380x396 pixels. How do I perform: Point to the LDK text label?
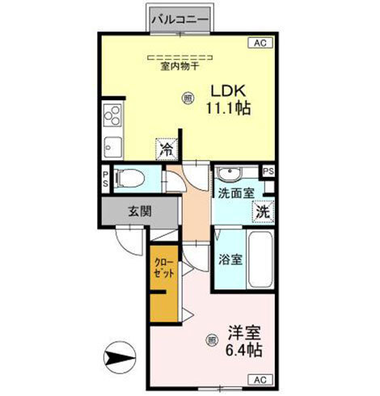tap(227, 91)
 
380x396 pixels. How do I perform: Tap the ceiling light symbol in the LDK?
tap(188, 99)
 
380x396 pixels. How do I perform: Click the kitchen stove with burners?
tap(112, 116)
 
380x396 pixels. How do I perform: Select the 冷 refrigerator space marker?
tap(166, 149)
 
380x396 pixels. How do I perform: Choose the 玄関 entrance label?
tap(138, 213)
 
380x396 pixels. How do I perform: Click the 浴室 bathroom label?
tap(230, 259)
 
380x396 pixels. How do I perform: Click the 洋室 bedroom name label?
tap(245, 332)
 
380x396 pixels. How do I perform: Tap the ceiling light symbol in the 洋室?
tap(212, 339)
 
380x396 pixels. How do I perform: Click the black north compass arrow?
tap(118, 355)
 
